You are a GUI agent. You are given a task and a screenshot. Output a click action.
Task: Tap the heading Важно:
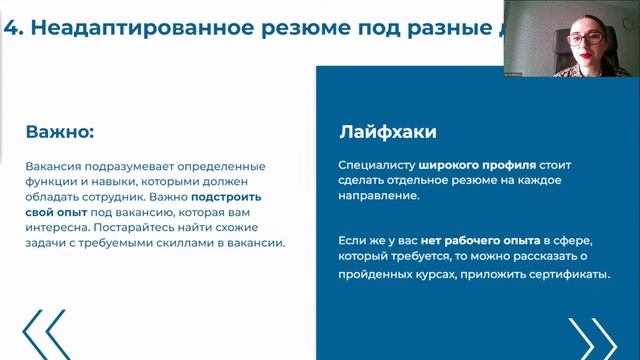60,132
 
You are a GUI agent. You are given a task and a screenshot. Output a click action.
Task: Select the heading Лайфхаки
388,132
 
